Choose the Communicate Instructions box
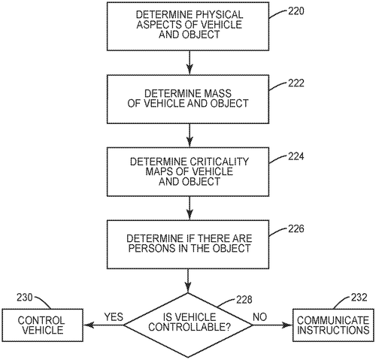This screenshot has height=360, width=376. pyautogui.click(x=332, y=325)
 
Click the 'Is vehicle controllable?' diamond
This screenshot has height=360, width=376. pyautogui.click(x=188, y=325)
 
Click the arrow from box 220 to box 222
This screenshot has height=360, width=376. pyautogui.click(x=189, y=62)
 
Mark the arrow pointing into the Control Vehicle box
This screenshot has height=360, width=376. pyautogui.click(x=98, y=325)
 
